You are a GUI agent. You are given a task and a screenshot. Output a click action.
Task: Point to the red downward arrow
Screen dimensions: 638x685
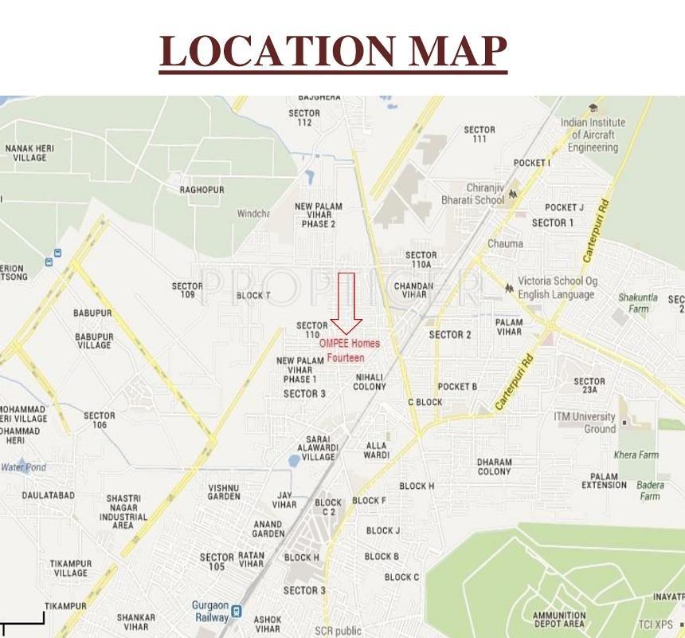[346, 303]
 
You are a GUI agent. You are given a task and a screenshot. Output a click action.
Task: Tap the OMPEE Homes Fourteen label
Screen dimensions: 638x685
[349, 350]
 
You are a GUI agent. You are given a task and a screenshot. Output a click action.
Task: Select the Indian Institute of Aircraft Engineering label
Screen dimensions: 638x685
[593, 135]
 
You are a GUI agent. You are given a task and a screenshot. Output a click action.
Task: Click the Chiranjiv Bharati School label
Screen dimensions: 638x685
[473, 195]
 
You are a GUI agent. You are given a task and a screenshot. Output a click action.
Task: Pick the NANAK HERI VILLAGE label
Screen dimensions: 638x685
[29, 152]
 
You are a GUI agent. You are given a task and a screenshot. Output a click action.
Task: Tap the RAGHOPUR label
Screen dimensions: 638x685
[202, 190]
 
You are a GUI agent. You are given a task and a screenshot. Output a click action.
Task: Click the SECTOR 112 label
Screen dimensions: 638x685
[304, 118]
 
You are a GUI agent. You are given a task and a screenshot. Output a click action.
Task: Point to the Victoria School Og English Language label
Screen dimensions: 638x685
[556, 288]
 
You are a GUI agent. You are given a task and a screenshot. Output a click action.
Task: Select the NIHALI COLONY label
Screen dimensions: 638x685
[370, 382]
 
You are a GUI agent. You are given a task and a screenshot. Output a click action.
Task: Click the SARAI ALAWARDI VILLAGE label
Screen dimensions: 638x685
[318, 448]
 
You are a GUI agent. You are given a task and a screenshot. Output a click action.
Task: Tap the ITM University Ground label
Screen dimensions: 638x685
[585, 423]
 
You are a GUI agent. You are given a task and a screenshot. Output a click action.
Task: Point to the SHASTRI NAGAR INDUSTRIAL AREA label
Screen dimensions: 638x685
[123, 511]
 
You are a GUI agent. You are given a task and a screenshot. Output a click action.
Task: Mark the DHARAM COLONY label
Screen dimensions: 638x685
[494, 467]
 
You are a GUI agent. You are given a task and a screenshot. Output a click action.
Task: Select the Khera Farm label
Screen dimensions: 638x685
[636, 455]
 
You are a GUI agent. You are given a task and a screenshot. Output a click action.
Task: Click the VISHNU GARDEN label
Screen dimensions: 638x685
[224, 492]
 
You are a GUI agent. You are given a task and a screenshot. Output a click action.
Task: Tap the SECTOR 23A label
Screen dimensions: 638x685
[589, 386]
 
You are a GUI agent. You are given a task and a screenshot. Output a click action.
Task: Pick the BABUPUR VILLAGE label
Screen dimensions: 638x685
[94, 341]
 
